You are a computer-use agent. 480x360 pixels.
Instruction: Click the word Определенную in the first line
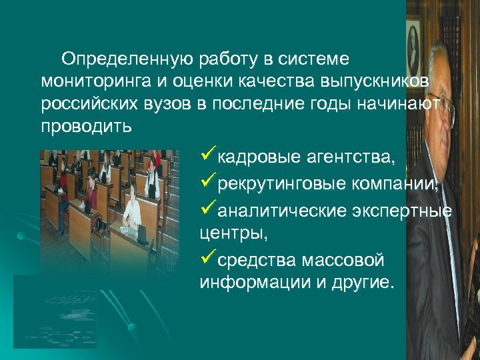click(x=127, y=60)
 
